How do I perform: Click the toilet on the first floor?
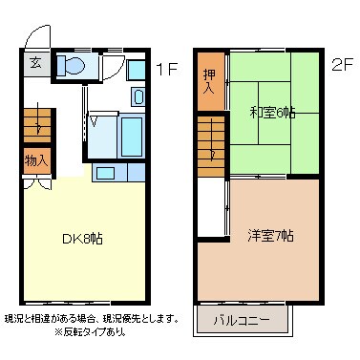point(71,65)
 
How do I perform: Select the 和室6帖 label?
point(272,112)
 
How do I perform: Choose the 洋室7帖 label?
point(271,235)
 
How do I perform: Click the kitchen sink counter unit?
point(117,173)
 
